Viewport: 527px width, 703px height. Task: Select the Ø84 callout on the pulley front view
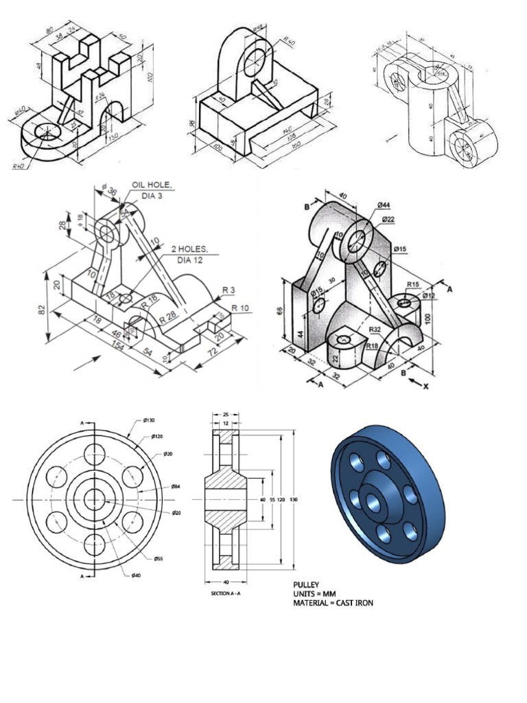(x=176, y=485)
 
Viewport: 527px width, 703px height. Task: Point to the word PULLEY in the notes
(x=307, y=584)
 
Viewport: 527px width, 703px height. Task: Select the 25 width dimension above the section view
(x=225, y=415)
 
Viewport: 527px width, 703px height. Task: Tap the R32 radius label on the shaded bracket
(x=375, y=330)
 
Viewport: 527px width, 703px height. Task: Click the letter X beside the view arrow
(x=425, y=387)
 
